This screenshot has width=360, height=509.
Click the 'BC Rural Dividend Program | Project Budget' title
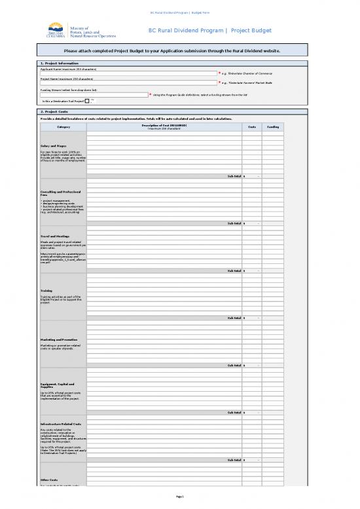tap(209, 31)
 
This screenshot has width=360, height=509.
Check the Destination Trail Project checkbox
tap(87, 101)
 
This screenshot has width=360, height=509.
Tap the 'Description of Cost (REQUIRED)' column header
tap(164, 126)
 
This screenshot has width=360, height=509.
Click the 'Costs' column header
tap(253, 126)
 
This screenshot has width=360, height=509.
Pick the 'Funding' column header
tap(274, 126)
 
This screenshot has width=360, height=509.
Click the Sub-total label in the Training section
tap(234, 318)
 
